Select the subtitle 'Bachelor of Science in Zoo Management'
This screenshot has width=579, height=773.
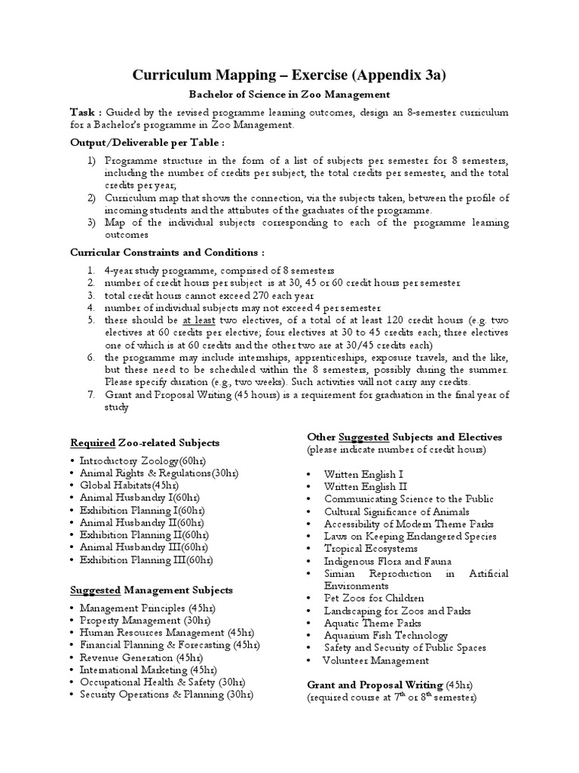point(289,94)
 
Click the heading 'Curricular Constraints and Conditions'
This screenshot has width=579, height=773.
point(167,251)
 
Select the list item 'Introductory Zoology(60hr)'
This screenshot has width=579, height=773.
point(143,460)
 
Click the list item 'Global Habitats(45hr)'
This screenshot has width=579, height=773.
point(130,485)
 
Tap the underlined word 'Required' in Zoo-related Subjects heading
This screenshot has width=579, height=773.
point(93,442)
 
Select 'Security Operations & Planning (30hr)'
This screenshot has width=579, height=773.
point(166,694)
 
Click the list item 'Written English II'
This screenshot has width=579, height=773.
point(365,487)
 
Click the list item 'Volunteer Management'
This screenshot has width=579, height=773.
point(375,661)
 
